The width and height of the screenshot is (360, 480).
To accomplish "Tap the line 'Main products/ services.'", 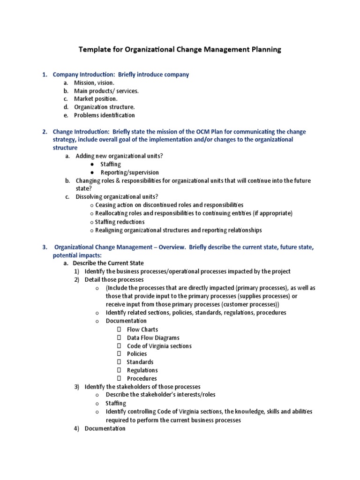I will click(106, 91).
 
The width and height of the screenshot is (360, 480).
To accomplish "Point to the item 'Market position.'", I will click(96, 99).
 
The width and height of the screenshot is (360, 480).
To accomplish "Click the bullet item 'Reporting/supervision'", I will click(129, 172).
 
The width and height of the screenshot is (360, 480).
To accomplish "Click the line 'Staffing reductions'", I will click(120, 222).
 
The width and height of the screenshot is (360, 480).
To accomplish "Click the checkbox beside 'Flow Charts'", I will click(119, 330).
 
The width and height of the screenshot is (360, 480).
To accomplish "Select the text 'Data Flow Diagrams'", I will click(153, 337).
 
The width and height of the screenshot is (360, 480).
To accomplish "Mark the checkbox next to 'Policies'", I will click(119, 354).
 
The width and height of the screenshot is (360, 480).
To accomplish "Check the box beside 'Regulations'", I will click(119, 370).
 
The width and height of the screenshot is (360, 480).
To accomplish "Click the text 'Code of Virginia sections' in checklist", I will click(159, 346).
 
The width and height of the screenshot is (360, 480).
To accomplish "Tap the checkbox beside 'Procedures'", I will click(119, 378).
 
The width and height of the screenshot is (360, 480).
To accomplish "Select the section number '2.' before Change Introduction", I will click(45, 132).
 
